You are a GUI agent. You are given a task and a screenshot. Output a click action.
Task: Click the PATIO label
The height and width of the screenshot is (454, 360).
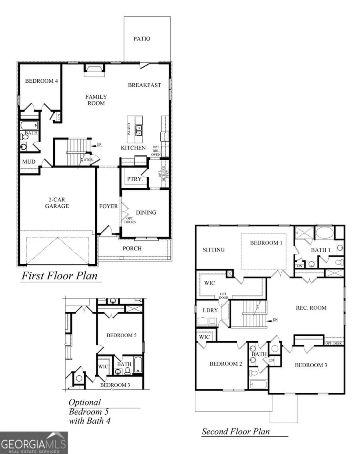point(142,39)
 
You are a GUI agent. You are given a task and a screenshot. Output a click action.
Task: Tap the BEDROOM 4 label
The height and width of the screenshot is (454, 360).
point(42,81)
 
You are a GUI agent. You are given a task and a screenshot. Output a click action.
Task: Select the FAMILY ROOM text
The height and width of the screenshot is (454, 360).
point(96,100)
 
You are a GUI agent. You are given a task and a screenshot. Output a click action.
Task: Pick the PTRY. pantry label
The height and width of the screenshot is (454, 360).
point(135,179)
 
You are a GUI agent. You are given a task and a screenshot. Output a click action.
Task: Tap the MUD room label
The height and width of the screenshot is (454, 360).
point(28,162)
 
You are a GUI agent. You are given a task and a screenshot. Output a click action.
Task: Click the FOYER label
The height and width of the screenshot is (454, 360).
point(108,206)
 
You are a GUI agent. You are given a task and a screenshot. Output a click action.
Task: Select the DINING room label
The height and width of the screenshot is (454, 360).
point(146,212)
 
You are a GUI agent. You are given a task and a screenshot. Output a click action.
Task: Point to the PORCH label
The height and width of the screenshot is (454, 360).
point(132,248)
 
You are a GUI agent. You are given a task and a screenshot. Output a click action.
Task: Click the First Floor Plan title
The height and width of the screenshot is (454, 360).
point(59,276)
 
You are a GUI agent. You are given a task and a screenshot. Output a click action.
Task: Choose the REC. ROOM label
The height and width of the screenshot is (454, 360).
point(311,308)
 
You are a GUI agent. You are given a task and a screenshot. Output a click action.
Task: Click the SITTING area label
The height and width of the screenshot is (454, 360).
point(214,250)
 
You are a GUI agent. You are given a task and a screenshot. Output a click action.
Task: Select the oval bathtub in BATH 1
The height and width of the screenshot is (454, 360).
point(324,233)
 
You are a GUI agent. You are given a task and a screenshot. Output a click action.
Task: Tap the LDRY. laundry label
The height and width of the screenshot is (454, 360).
point(207,311)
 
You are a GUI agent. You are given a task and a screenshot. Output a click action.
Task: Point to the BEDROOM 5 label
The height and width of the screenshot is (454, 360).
point(121,335)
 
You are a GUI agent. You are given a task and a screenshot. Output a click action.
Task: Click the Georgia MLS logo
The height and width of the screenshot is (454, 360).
point(34,442)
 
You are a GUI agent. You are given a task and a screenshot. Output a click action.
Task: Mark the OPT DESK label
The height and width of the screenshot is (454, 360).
point(334,343)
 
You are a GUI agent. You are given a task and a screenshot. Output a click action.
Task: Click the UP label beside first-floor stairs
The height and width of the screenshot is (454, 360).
point(99,144)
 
